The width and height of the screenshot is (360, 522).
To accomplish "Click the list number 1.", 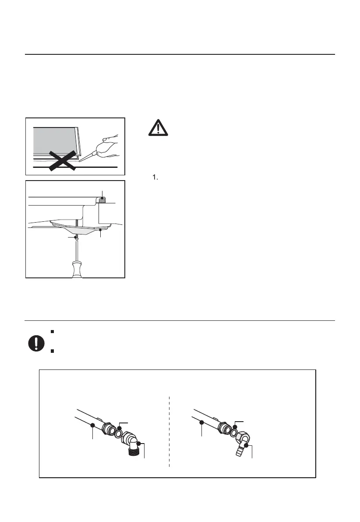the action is [154, 178].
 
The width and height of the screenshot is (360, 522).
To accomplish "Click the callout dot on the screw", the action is [76, 237].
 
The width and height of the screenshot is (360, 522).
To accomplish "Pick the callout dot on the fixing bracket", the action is [101, 229].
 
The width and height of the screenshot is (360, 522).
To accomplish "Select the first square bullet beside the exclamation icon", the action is [52, 331].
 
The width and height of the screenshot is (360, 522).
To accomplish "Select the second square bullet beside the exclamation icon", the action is [52, 351].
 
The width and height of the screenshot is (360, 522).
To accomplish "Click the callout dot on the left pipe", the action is [93, 425].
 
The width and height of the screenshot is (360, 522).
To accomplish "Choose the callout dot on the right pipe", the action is [201, 423].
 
